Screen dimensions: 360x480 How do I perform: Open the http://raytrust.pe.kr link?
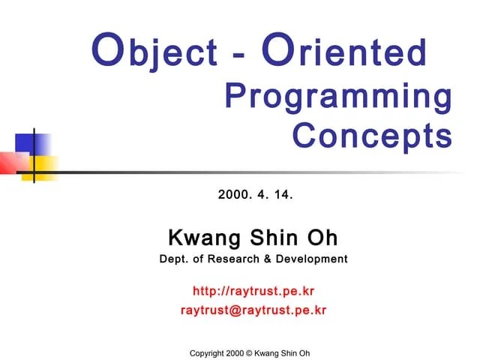click(253, 290)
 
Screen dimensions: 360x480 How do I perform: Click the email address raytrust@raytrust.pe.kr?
click(253, 309)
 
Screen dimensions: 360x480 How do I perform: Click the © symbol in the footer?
click(250, 353)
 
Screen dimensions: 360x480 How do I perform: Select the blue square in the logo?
click(32, 143)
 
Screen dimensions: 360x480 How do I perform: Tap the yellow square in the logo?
click(43, 166)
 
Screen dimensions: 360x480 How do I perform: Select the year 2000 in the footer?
click(235, 353)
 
